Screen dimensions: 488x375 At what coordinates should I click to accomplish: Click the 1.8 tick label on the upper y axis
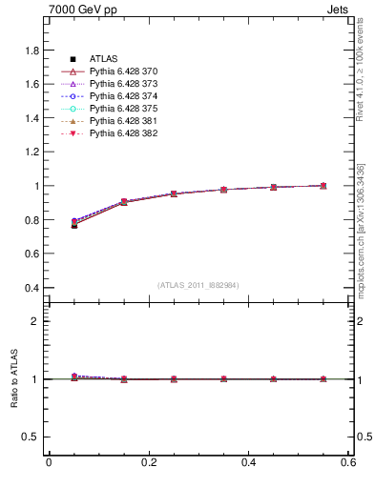coord(31,51)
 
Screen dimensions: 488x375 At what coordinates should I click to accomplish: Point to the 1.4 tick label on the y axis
coord(31,118)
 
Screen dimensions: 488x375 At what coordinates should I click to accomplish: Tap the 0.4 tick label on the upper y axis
coord(31,288)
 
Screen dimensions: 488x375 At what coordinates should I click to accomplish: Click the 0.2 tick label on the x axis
coord(148,462)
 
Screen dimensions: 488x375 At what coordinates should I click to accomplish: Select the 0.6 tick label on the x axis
coord(348,462)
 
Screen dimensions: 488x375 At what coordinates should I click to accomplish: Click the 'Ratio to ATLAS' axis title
coord(14,379)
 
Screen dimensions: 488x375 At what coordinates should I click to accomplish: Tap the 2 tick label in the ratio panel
coord(35,321)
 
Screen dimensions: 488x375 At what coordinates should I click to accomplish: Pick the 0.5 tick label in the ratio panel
coord(31,437)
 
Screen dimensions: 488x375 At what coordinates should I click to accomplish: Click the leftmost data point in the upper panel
coord(74,224)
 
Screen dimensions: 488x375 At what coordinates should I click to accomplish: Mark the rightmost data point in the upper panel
coord(323,186)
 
